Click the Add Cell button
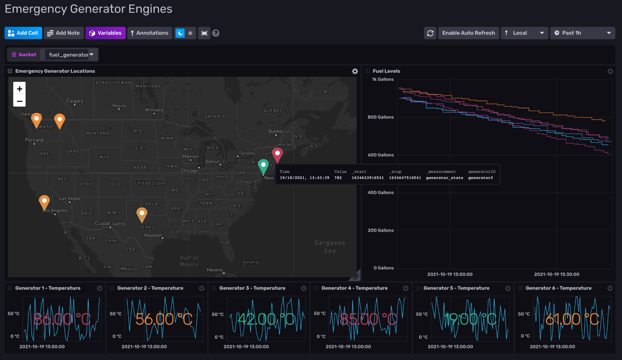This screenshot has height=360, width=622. [23, 33]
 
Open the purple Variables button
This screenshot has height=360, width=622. [105, 33]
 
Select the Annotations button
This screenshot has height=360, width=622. [149, 33]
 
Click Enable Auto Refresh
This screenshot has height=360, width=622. [468, 33]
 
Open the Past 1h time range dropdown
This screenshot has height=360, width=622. [582, 33]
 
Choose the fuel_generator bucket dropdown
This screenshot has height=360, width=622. [71, 55]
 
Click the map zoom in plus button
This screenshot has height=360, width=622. [20, 89]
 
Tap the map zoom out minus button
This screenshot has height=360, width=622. [20, 101]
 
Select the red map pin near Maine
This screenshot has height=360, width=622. [277, 153]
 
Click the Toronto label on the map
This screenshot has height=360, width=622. [246, 153]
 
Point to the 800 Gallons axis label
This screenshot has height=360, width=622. [380, 117]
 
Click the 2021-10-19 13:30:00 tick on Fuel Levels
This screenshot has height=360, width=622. [556, 274]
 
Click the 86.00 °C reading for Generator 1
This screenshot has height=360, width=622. [62, 319]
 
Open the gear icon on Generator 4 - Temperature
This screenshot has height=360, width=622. [406, 288]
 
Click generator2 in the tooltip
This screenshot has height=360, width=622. [480, 178]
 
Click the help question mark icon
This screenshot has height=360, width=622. [216, 33]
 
